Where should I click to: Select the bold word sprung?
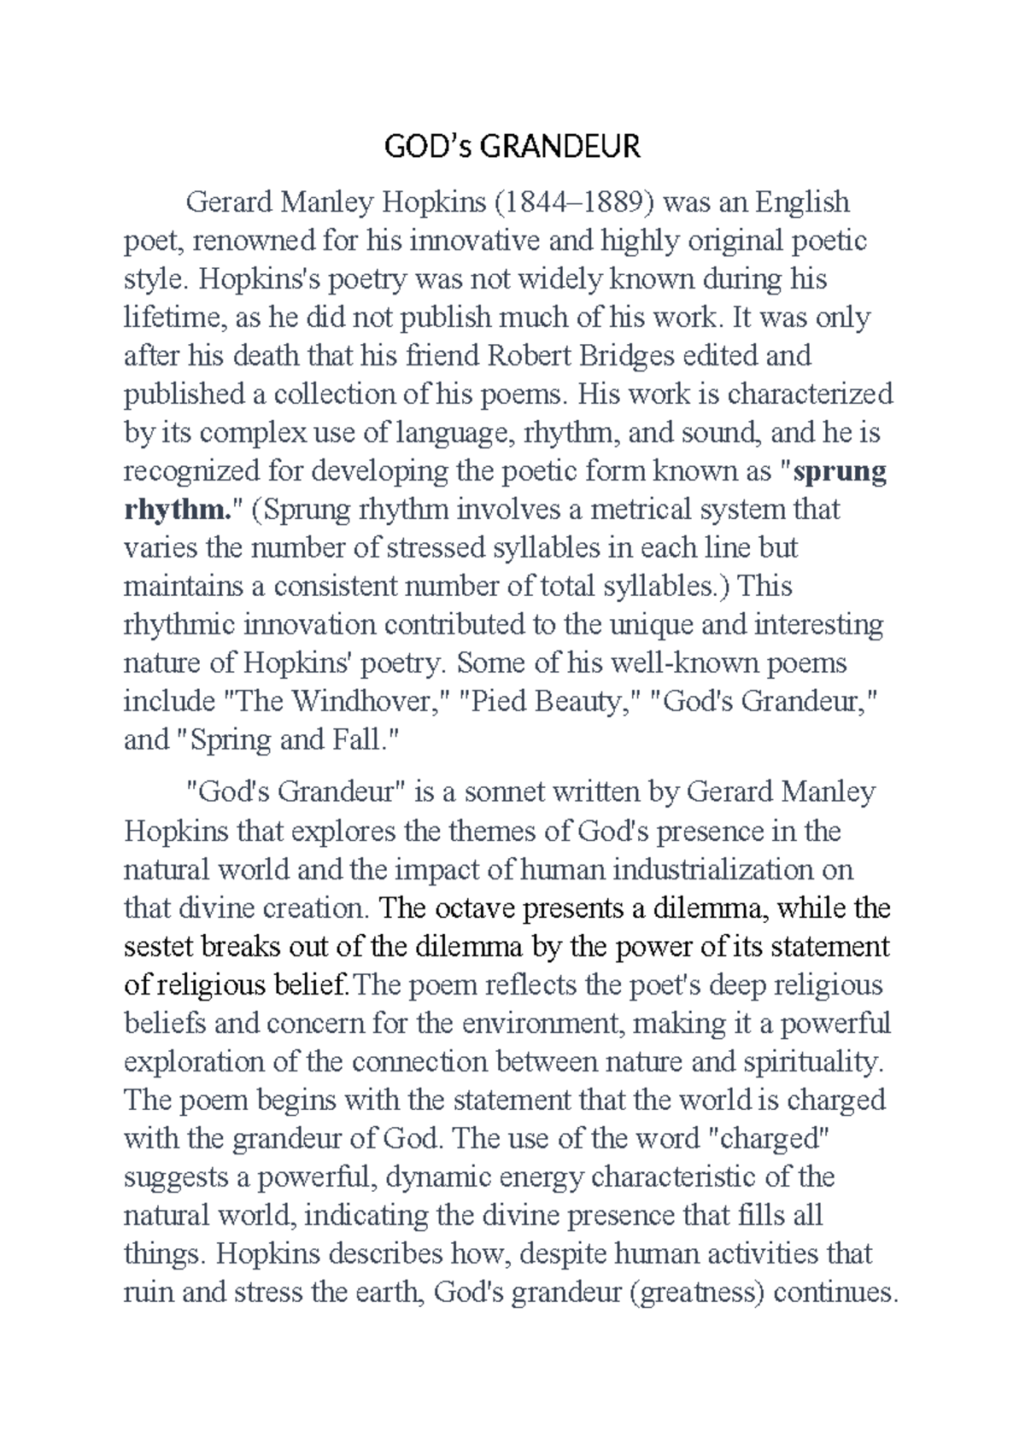coord(840,471)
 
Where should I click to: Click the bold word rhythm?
coord(176,510)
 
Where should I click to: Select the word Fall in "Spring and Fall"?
coord(366,740)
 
